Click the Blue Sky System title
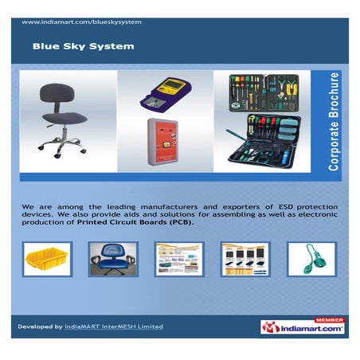click(83, 46)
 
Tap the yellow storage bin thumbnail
click(47, 259)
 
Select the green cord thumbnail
click(311, 259)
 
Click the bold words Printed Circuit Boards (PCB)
click(150, 223)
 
